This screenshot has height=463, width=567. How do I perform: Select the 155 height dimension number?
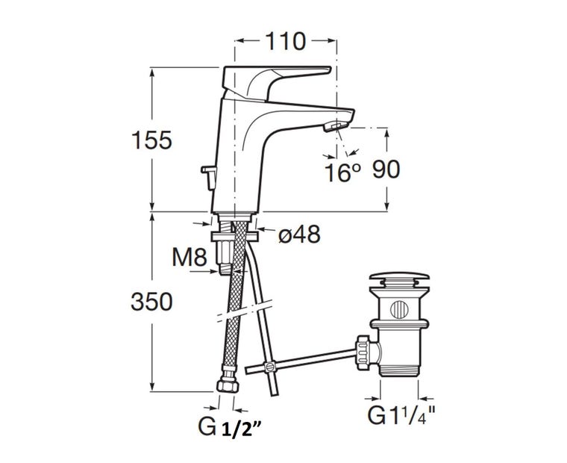point(151,140)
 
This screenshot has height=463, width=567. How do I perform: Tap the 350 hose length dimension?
point(151,302)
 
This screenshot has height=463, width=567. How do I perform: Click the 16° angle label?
point(342,173)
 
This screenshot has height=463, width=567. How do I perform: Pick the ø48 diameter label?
point(299,234)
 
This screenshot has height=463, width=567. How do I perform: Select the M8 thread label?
point(189,258)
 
